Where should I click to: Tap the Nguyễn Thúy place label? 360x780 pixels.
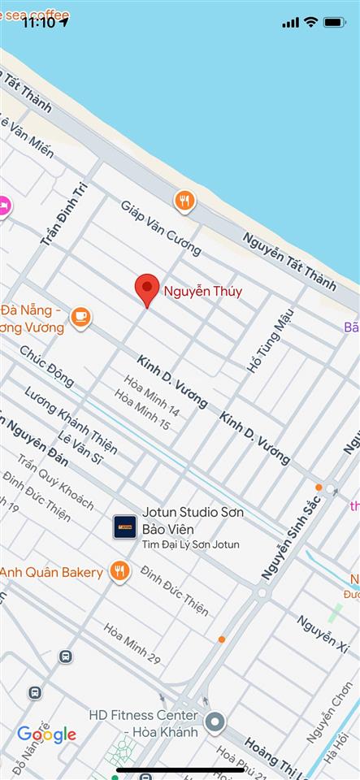click(203, 291)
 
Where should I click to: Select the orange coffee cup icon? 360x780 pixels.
click(80, 317)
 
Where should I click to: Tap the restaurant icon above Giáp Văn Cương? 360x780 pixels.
click(185, 201)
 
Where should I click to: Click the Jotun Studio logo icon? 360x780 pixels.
click(124, 526)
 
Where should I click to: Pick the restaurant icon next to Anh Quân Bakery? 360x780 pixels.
click(121, 572)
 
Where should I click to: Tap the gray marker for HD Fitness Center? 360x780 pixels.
click(215, 721)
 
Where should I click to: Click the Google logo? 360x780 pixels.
click(46, 735)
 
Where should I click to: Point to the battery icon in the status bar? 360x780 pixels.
click(335, 22)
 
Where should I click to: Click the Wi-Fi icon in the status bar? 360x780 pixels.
click(310, 22)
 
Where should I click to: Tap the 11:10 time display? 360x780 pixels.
click(38, 22)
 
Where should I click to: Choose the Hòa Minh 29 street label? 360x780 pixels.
click(132, 641)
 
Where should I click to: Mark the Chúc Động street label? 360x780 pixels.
click(47, 366)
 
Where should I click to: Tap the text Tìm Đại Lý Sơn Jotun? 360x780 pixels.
click(191, 544)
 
